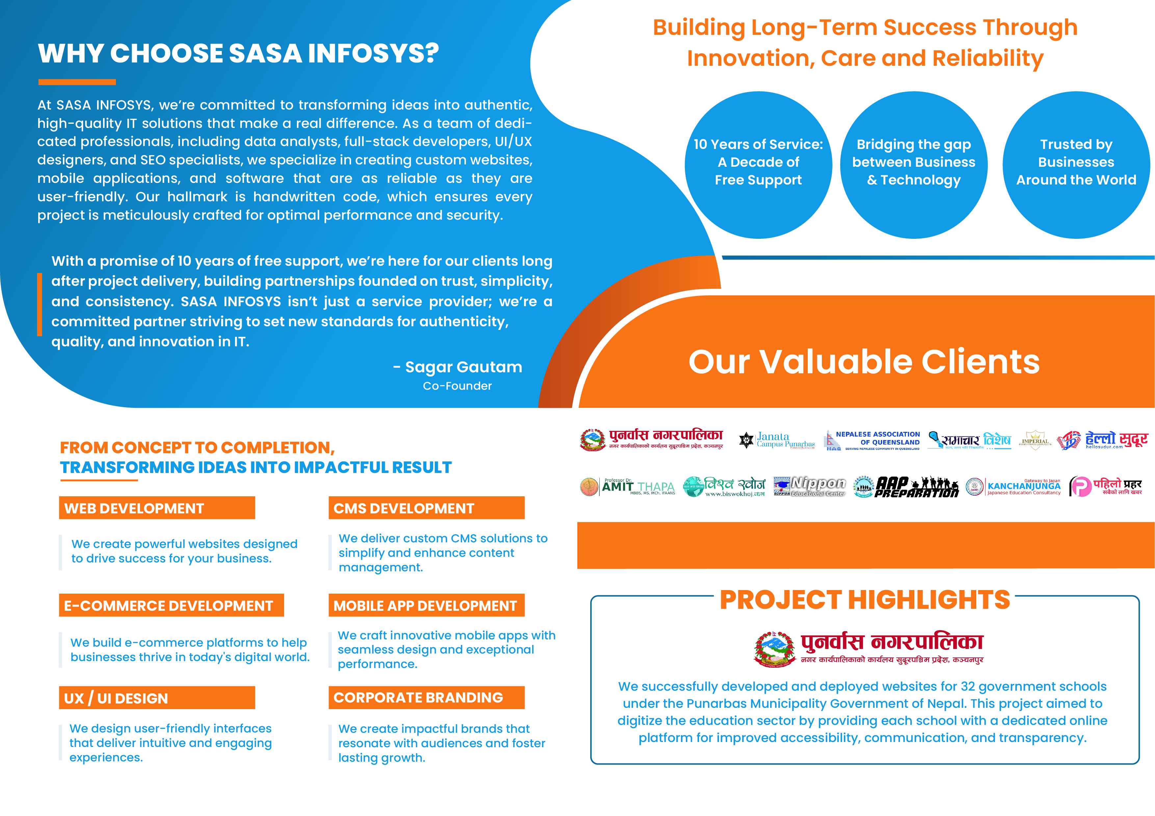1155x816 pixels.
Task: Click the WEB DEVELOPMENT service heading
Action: (x=156, y=508)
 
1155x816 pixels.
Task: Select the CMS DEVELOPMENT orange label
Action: (x=426, y=508)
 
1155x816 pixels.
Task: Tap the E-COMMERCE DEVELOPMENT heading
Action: (x=171, y=605)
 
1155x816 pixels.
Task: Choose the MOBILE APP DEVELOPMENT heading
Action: (x=426, y=605)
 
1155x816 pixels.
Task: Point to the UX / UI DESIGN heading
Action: (x=156, y=698)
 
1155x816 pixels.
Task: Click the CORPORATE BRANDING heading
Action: (x=426, y=697)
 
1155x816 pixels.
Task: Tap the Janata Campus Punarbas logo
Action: (x=777, y=440)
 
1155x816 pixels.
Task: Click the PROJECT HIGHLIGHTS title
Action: (x=865, y=600)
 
